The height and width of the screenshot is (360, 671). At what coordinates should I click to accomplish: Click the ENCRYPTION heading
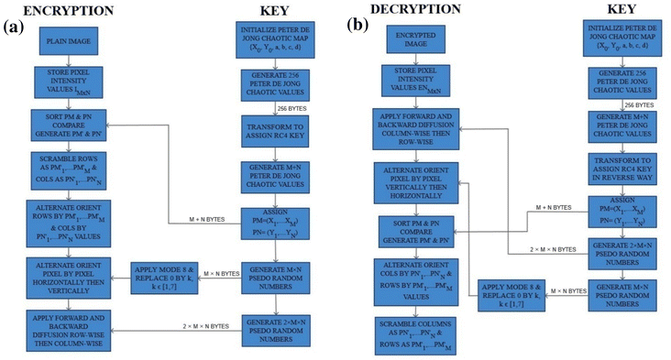point(62,10)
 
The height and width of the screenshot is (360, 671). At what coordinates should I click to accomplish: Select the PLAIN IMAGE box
point(62,43)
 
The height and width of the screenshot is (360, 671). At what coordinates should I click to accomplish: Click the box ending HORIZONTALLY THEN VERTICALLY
point(62,275)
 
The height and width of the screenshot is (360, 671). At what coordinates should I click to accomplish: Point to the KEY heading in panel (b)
point(620,10)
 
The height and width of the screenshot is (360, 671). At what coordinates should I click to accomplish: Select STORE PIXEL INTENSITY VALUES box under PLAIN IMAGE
point(62,79)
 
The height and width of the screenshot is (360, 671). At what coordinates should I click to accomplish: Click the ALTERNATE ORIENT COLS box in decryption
point(411,279)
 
